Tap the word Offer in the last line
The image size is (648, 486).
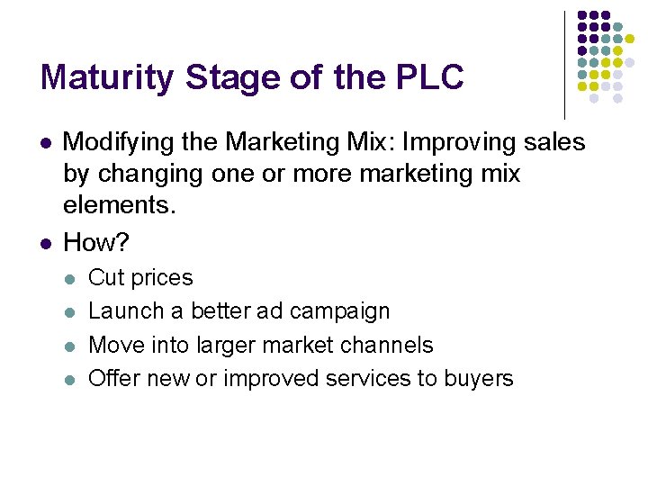[112, 378]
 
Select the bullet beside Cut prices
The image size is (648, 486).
[72, 279]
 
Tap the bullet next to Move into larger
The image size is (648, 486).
[72, 346]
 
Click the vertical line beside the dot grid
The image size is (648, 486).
[564, 63]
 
